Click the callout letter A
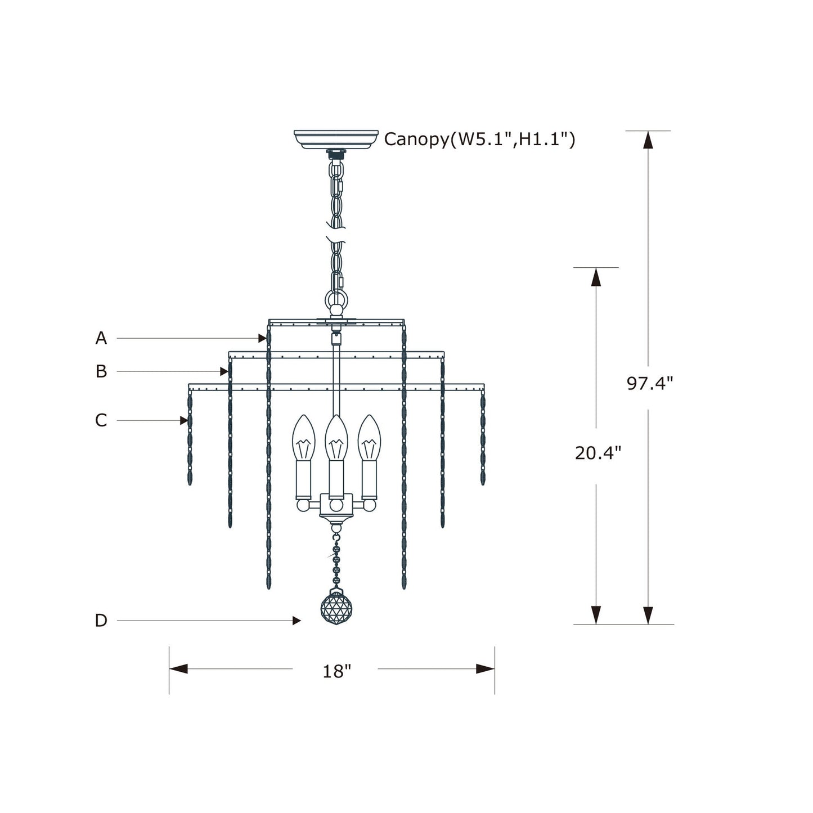click(101, 338)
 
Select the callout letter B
click(101, 371)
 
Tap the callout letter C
click(101, 420)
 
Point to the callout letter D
click(101, 621)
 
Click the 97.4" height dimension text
click(649, 384)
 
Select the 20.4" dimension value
click(598, 453)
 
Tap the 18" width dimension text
click(336, 671)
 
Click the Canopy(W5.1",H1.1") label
click(480, 139)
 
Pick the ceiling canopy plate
click(336, 139)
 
